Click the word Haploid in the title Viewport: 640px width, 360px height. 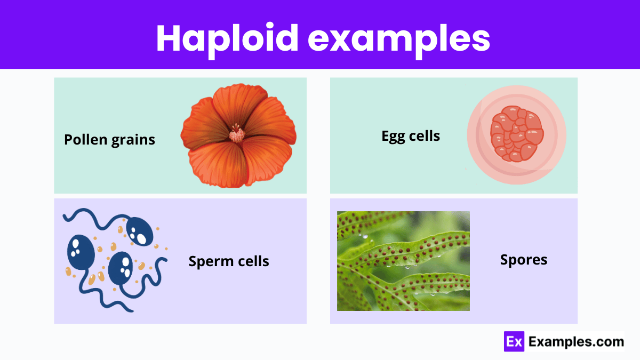point(227,39)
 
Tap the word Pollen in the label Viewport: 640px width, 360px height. point(86,139)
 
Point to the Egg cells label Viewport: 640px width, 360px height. point(411,137)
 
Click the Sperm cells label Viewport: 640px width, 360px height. point(229,261)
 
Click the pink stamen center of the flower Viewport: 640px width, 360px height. point(237,133)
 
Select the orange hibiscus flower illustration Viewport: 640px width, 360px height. point(238,135)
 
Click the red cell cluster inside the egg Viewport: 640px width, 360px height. point(517,134)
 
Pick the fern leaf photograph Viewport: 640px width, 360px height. point(403,261)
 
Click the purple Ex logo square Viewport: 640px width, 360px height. point(514,341)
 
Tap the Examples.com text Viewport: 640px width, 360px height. point(576,342)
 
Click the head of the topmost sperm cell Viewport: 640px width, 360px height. point(139,231)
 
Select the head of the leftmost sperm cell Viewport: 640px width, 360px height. point(81,252)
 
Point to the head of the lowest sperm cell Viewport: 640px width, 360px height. point(121,268)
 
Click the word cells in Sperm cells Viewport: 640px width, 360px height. point(253,261)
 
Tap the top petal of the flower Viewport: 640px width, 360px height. point(240,103)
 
